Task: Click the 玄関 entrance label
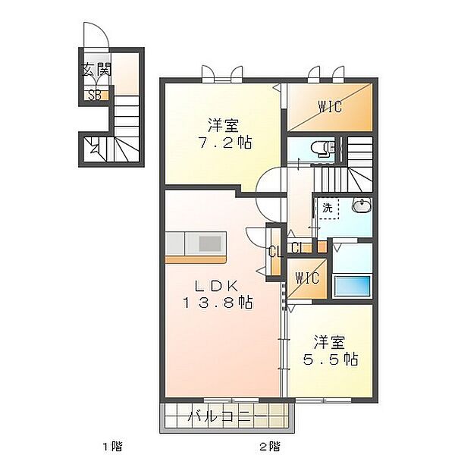(96, 70)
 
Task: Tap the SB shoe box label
(95, 96)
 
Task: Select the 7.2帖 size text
(226, 143)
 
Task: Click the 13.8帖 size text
(218, 303)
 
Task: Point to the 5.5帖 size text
(331, 359)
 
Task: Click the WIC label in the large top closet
(330, 106)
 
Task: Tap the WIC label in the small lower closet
(307, 278)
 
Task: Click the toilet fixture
(323, 149)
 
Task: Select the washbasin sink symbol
(362, 206)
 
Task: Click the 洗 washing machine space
(328, 208)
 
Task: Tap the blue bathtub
(353, 286)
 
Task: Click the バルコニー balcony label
(227, 418)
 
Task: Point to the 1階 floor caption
(113, 446)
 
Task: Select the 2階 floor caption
(270, 446)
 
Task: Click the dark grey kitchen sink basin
(210, 243)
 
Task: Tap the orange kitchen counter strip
(196, 259)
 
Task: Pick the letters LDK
(216, 287)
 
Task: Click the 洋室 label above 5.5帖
(329, 343)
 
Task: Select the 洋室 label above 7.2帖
(224, 125)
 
